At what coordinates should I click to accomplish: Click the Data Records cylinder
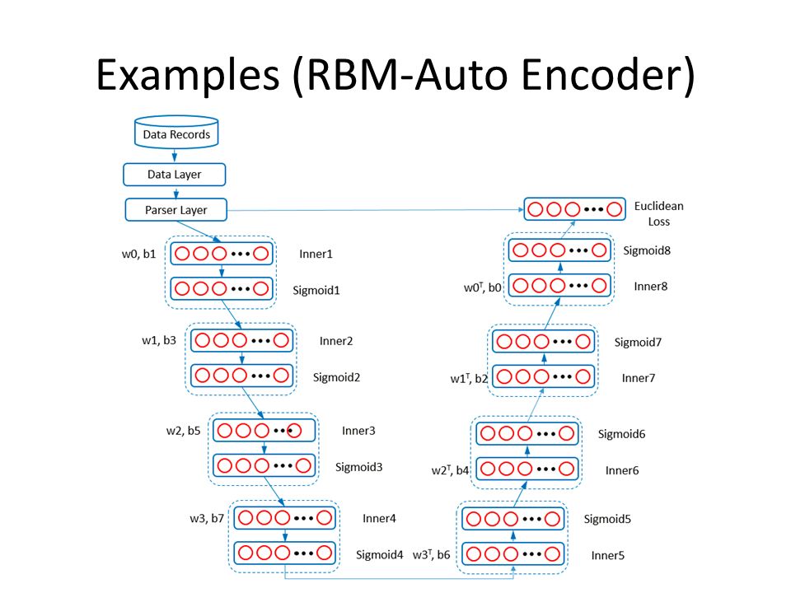(x=176, y=132)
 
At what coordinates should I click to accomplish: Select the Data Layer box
(x=175, y=175)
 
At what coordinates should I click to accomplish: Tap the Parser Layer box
(x=176, y=210)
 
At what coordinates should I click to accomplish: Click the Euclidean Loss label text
(x=659, y=214)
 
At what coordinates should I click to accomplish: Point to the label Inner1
(x=316, y=254)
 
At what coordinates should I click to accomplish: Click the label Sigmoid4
(x=379, y=554)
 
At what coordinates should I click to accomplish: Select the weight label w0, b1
(x=138, y=254)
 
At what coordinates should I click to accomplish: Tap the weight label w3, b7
(x=207, y=518)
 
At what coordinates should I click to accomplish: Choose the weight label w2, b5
(x=183, y=431)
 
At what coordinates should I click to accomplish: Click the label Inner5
(x=608, y=555)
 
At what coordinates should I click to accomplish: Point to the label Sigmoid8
(x=647, y=250)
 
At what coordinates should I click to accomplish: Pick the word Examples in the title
(x=188, y=75)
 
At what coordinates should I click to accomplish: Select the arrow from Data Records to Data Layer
(x=175, y=156)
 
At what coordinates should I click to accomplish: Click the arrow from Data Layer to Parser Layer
(x=176, y=192)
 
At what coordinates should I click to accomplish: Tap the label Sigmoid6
(x=621, y=434)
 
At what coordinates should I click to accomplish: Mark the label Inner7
(x=638, y=378)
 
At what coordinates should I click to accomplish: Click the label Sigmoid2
(x=336, y=378)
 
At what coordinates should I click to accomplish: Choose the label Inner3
(x=358, y=431)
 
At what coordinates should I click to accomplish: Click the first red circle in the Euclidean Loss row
(x=536, y=209)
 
